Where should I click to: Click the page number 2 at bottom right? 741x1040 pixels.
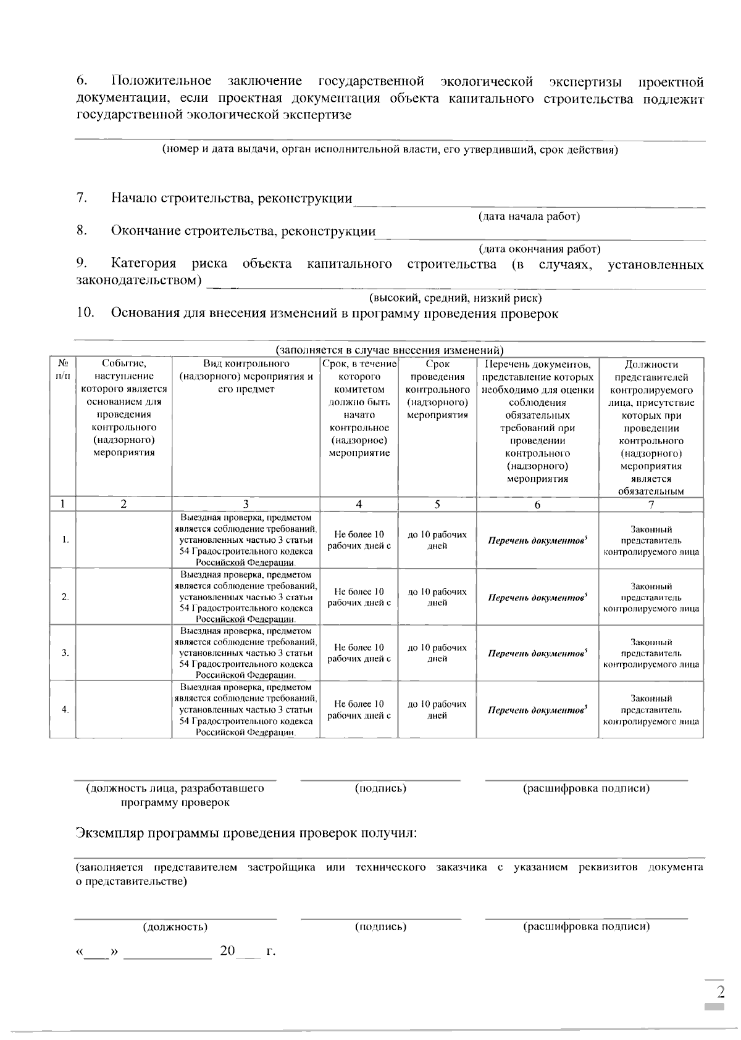(720, 992)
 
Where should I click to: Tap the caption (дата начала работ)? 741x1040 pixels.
(529, 217)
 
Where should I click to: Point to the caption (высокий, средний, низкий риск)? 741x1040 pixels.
(455, 299)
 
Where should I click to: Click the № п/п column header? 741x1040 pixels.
(62, 369)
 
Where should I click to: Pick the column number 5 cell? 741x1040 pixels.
(437, 504)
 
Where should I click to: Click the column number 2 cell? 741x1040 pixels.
(124, 504)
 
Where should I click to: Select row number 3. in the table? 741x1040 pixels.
(65, 653)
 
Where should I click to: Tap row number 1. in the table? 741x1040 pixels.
(65, 540)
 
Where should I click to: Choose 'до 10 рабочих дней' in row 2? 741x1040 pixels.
(437, 597)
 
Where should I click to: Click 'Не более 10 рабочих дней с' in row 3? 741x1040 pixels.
(359, 653)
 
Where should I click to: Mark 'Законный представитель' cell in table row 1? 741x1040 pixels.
(651, 540)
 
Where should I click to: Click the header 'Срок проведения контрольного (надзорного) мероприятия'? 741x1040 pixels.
(437, 389)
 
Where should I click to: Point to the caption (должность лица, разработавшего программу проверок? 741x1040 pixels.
(175, 795)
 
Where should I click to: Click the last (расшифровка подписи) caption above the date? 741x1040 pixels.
(586, 927)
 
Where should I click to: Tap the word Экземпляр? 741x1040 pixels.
(111, 833)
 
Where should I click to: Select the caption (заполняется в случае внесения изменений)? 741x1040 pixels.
(390, 350)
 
